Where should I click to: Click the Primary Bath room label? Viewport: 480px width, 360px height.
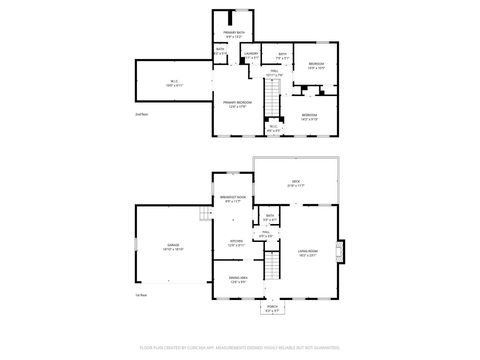233,34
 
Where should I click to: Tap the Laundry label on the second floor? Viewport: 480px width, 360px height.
252,54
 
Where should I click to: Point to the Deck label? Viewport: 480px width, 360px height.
296,183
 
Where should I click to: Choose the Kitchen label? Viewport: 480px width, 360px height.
236,242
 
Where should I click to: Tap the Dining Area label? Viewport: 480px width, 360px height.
237,281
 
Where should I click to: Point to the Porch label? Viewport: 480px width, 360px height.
272,309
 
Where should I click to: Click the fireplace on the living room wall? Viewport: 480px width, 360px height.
341,250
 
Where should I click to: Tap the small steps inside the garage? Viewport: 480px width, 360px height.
204,213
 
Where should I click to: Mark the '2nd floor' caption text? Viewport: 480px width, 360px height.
141,115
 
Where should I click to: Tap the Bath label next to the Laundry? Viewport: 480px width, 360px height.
282,56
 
